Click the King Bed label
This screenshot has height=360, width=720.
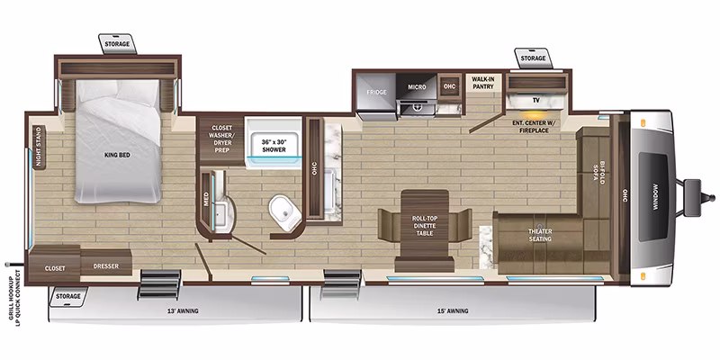tap(118, 155)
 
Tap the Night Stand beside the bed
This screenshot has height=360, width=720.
tap(39, 148)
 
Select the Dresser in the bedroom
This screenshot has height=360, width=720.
tap(106, 262)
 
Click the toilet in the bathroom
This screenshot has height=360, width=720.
tap(285, 212)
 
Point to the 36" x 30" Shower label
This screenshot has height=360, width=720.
tap(274, 146)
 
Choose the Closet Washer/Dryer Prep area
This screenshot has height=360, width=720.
tap(220, 139)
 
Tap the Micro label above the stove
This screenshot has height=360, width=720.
tap(417, 86)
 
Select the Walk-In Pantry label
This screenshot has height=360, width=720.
tap(482, 83)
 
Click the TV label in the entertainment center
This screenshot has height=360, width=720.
tap(535, 99)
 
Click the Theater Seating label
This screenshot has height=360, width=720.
tap(540, 235)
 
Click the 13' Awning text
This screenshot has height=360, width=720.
tap(183, 310)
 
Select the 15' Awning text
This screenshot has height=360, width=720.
tap(453, 310)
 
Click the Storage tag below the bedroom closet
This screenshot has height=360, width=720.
tap(68, 296)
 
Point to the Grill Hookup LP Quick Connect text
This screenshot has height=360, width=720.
tap(14, 295)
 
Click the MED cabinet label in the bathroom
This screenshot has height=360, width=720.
tap(206, 200)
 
